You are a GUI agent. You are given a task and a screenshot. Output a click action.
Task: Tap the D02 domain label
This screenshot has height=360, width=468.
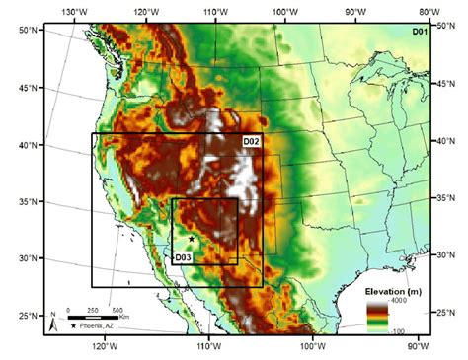[252, 142]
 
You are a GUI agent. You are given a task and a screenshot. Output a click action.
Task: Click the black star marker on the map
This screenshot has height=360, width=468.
[191, 239]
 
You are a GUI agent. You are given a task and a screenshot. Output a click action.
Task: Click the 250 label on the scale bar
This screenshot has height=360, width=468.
[94, 310]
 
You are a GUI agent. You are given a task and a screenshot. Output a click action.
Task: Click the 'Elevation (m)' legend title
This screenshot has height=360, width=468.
[393, 293]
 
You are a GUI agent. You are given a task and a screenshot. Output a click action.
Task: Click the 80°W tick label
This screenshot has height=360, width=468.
[427, 10]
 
